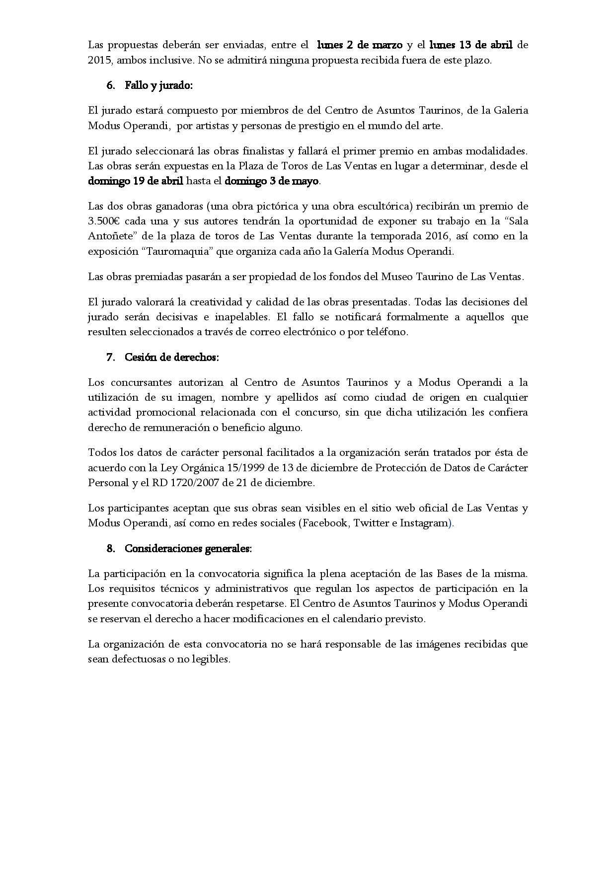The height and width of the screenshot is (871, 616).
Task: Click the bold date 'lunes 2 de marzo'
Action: tap(359, 45)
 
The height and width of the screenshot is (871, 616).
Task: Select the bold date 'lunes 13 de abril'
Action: tap(470, 45)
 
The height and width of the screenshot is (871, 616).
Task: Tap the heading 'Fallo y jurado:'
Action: tap(158, 85)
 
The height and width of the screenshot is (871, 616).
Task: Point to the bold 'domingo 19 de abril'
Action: tap(136, 181)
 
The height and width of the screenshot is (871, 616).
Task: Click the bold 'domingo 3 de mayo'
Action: tap(271, 181)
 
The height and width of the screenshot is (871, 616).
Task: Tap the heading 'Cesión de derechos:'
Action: tap(171, 358)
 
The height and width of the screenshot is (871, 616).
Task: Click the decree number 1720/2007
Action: tap(192, 483)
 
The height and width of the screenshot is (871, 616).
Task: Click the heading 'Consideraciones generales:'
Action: tap(188, 549)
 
